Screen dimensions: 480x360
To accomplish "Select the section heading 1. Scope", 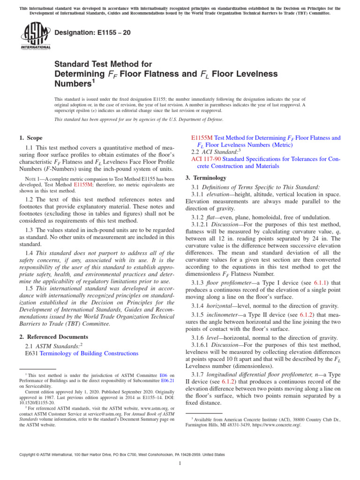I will click(30, 138).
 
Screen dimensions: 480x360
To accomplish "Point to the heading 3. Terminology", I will click(206, 178).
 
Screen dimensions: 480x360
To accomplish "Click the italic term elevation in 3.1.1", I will click(225, 194).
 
